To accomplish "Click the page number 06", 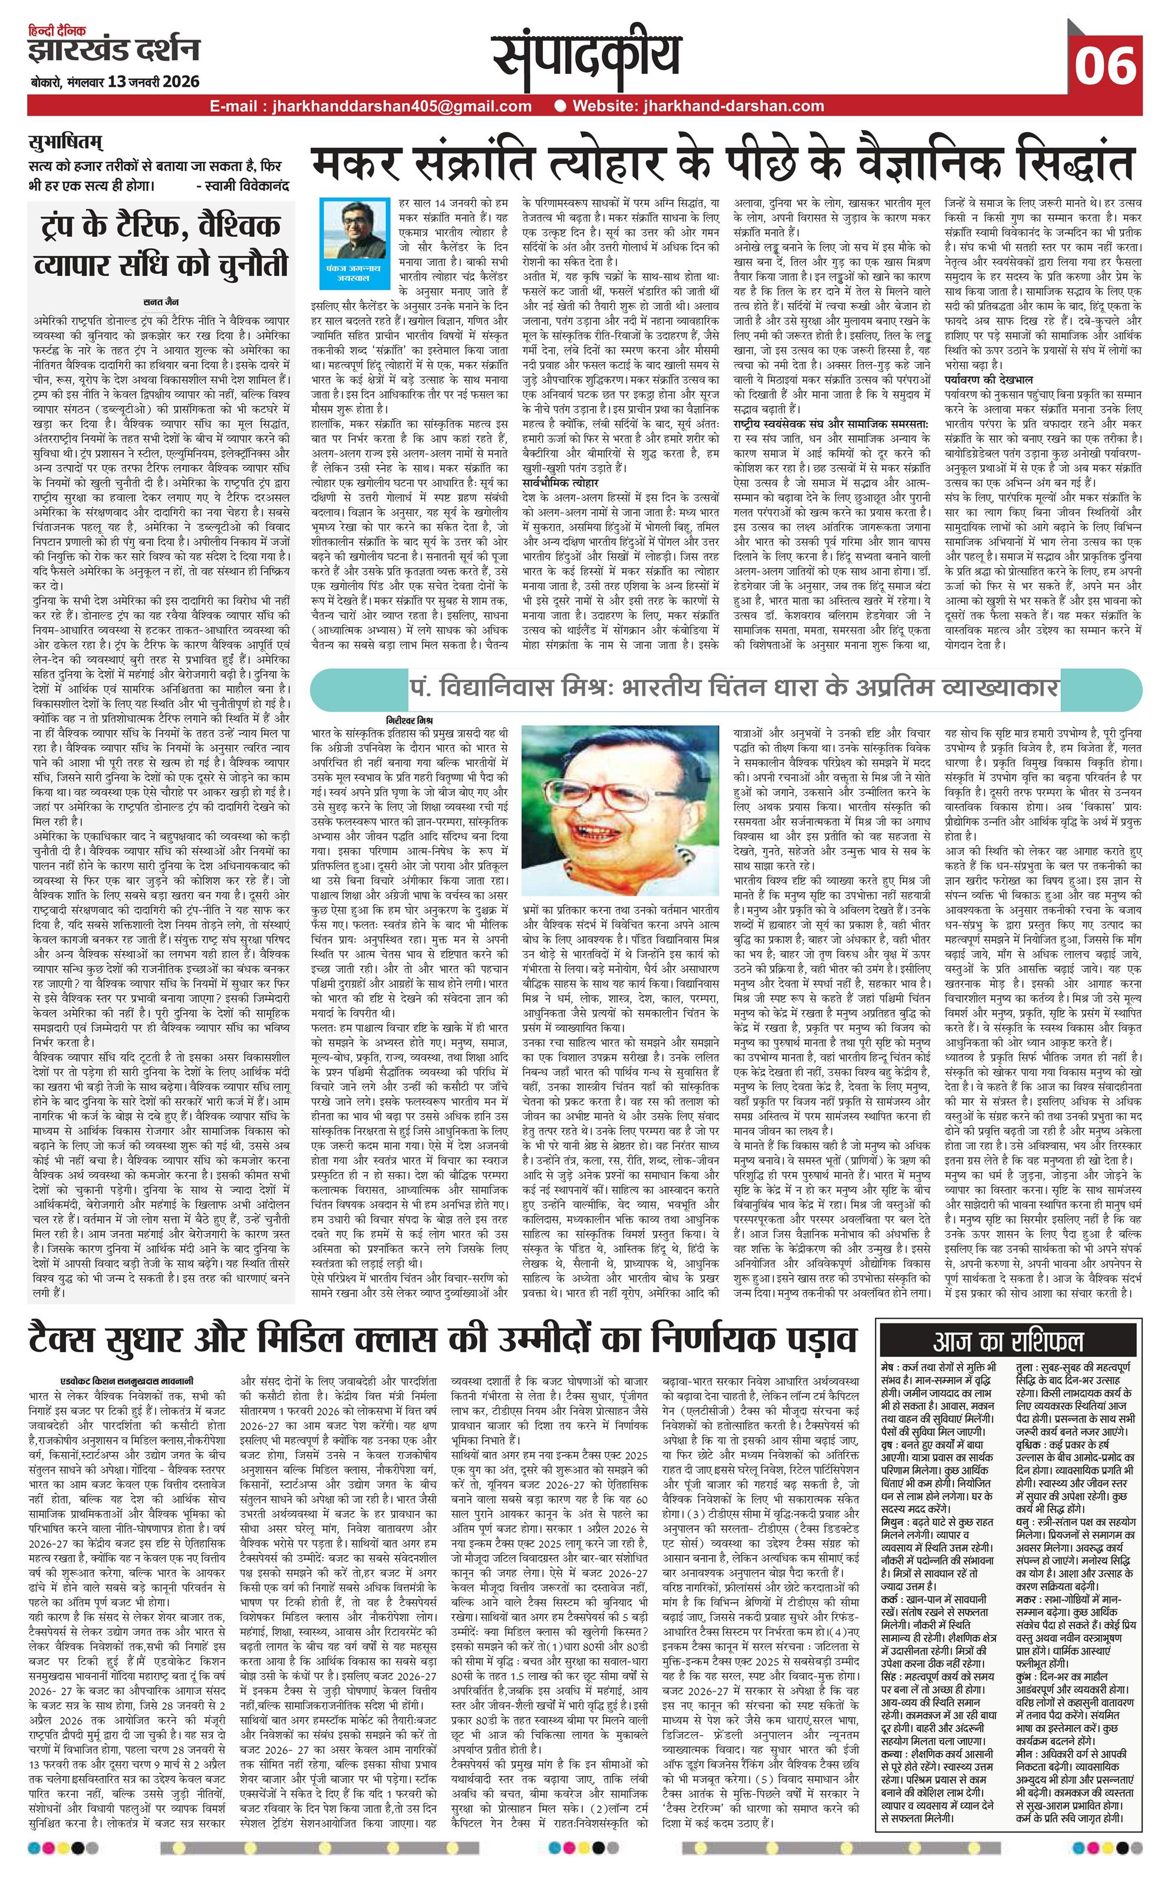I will click(x=1104, y=66).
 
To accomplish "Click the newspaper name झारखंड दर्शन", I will click(x=113, y=51).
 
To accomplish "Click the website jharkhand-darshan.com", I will click(x=733, y=106).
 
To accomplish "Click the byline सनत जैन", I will click(x=162, y=301).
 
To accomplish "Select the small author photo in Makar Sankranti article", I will click(x=354, y=229).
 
